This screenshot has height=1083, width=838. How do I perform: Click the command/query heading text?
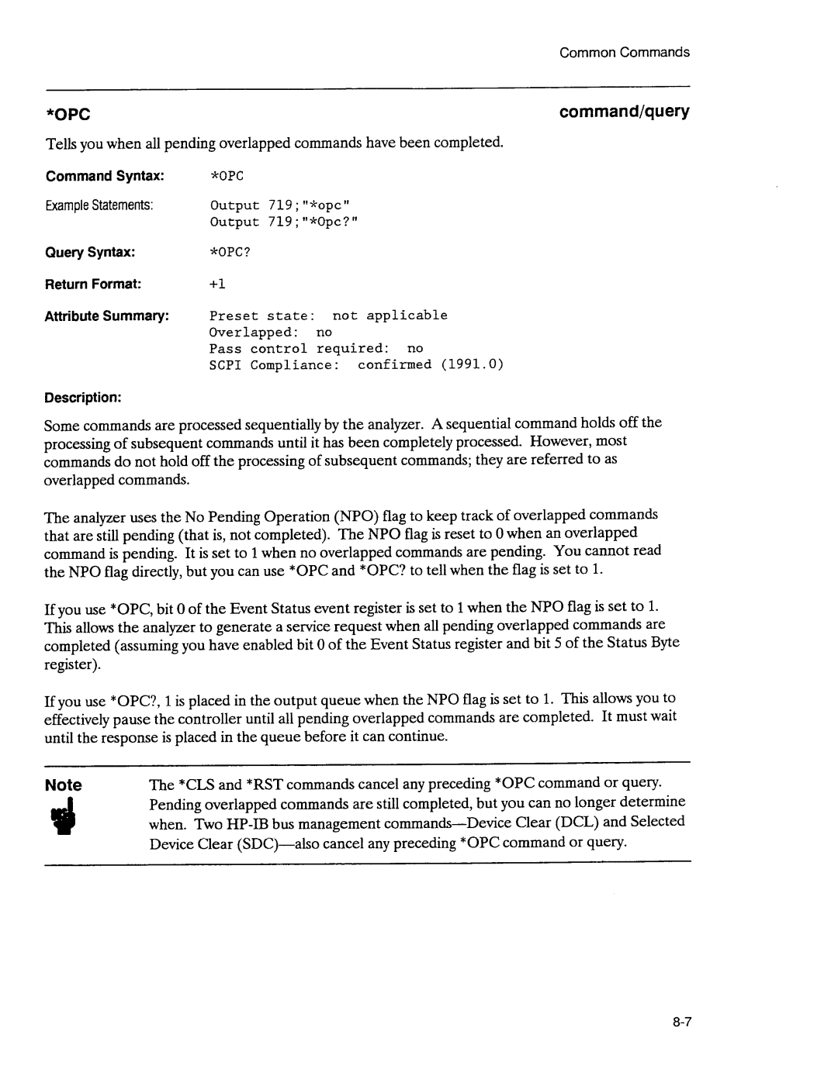(625, 112)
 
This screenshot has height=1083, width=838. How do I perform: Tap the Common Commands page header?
(625, 52)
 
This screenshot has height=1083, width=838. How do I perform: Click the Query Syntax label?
(90, 252)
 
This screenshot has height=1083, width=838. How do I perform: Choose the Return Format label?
(92, 284)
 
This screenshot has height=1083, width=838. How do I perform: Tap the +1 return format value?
(217, 285)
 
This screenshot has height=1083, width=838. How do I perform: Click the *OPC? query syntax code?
(230, 253)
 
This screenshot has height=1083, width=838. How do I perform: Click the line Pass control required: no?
(316, 349)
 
